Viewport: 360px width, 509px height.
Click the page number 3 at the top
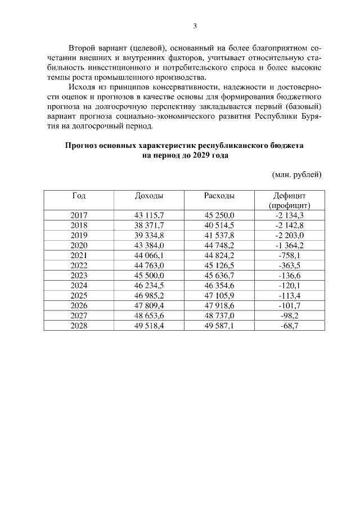pyautogui.click(x=194, y=26)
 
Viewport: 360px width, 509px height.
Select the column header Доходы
pyautogui.click(x=149, y=196)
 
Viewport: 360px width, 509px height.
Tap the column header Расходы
pyautogui.click(x=219, y=196)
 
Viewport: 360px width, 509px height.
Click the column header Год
pyautogui.click(x=79, y=196)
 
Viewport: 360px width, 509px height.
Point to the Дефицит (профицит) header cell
pyautogui.click(x=289, y=200)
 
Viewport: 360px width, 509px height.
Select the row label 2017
pyautogui.click(x=79, y=215)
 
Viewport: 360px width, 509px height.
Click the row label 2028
pyautogui.click(x=79, y=326)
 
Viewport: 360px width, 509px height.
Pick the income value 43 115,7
pyautogui.click(x=149, y=215)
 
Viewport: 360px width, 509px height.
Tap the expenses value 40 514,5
pyautogui.click(x=219, y=225)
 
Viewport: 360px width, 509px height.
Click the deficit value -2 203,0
pyautogui.click(x=289, y=235)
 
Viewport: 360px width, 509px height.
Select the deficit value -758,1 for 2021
pyautogui.click(x=289, y=255)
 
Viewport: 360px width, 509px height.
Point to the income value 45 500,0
pyautogui.click(x=149, y=276)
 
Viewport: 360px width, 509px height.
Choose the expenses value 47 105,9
pyautogui.click(x=219, y=295)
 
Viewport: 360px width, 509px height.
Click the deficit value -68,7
pyautogui.click(x=289, y=326)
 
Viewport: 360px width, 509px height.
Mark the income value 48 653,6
pyautogui.click(x=149, y=316)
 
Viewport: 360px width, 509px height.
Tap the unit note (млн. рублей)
pyautogui.click(x=296, y=174)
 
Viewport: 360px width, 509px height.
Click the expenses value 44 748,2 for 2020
pyautogui.click(x=219, y=245)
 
